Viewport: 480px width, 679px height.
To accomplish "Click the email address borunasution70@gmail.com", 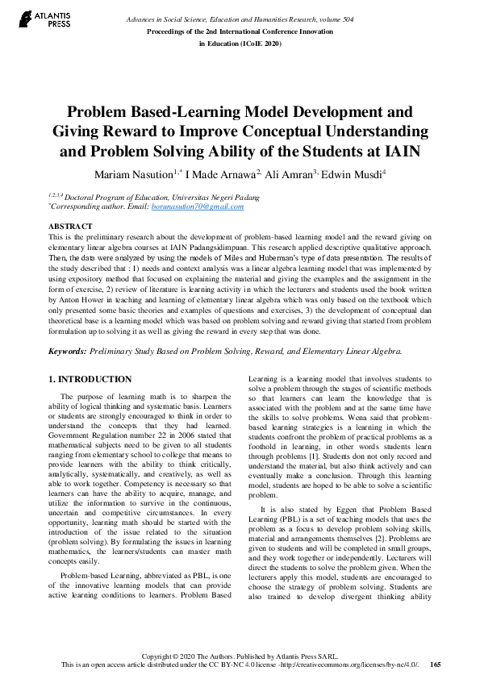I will tap(198, 207).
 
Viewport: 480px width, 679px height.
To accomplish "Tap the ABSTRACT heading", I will tap(70, 227).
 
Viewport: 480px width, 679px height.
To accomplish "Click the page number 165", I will tap(435, 664).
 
